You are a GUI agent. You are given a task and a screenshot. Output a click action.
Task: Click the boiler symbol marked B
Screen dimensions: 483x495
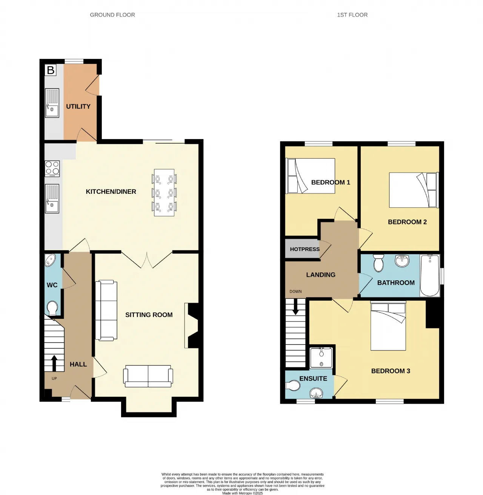pos(50,70)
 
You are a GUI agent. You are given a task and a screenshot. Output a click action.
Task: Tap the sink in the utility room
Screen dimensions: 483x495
pos(52,103)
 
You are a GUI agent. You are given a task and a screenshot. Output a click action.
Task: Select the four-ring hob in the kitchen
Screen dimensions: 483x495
pos(52,169)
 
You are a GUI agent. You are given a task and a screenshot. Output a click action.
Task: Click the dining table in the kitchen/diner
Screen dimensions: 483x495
pos(164,193)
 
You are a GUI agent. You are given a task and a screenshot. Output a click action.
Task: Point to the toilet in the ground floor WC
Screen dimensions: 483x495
pos(52,308)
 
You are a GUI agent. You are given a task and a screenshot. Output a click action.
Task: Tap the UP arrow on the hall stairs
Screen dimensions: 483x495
pos(54,363)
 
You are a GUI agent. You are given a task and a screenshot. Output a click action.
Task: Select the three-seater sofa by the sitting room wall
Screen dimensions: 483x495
pos(106,310)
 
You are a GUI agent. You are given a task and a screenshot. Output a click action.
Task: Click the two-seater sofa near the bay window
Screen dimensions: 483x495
pos(148,376)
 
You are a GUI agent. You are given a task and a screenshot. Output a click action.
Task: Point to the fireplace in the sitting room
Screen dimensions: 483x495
pos(192,326)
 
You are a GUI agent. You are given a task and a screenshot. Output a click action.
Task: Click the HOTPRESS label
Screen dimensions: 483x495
pos(305,249)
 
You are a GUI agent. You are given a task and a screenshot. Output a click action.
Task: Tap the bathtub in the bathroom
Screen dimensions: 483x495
pos(430,275)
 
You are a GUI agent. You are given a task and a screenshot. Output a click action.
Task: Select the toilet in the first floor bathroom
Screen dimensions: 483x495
pos(378,263)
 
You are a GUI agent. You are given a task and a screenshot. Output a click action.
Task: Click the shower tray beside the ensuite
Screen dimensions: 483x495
pos(321,357)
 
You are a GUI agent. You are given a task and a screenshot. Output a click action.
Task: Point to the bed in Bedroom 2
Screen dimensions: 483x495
pos(414,190)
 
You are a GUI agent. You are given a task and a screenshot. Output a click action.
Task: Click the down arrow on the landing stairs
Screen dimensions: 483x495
pos(295,306)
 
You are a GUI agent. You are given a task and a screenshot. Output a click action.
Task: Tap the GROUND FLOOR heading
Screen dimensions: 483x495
pos(112,15)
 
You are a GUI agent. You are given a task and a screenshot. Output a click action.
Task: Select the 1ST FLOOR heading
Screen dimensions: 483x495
pos(352,15)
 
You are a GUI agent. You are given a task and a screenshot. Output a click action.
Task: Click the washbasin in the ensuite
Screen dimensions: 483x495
pos(316,393)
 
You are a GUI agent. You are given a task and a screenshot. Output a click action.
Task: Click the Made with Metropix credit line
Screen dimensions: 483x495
pos(242,493)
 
